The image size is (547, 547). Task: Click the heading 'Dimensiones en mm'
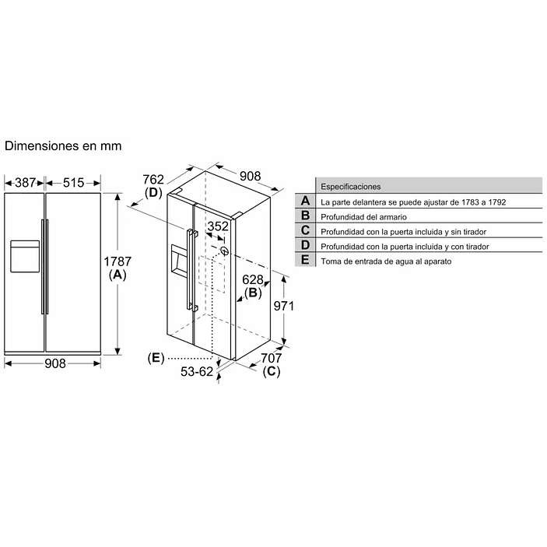click(63, 146)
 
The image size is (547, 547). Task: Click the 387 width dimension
click(25, 183)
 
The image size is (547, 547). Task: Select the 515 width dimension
click(73, 183)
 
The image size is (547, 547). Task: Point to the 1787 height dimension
click(117, 262)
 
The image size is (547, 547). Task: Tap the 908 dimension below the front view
click(54, 363)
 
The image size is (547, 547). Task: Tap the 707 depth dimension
click(271, 358)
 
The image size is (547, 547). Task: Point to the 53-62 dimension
click(196, 372)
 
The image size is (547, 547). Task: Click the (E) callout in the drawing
click(156, 358)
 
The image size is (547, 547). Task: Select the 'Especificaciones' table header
click(350, 187)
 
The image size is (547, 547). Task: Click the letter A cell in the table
click(305, 201)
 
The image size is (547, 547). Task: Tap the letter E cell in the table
click(305, 261)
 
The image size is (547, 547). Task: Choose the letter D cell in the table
click(305, 246)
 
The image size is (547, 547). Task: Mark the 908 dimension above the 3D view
click(250, 176)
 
